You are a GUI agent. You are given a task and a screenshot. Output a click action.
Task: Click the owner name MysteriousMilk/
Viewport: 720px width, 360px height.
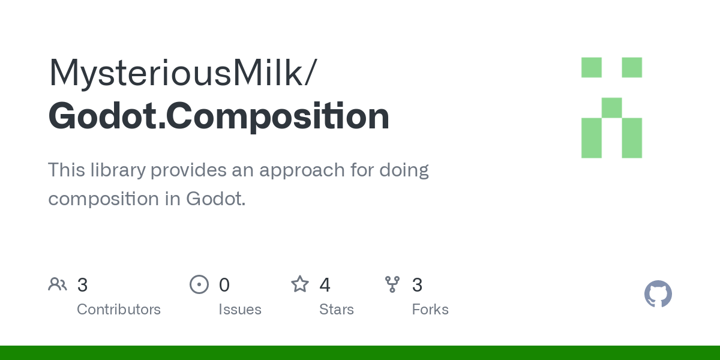click(183, 73)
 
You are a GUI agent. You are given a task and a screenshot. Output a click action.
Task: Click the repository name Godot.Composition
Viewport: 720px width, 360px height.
click(219, 116)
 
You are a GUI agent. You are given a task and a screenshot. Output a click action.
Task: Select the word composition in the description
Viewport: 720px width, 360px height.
click(103, 200)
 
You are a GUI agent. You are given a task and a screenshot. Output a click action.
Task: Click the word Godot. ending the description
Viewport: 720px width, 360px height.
click(215, 199)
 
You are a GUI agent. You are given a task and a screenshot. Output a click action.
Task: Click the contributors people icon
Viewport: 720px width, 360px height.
click(58, 284)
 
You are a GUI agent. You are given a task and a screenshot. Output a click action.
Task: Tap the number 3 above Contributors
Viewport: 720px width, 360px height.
click(82, 285)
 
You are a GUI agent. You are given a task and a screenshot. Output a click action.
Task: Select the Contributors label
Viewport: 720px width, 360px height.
click(119, 309)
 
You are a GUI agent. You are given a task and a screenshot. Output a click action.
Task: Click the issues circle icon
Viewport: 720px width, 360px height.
click(199, 284)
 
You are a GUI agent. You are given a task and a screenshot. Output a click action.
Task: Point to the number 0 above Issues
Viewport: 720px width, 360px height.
click(224, 285)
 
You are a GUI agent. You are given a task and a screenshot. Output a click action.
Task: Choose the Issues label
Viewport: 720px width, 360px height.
click(240, 309)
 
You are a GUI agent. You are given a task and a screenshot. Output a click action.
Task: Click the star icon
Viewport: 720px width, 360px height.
click(300, 284)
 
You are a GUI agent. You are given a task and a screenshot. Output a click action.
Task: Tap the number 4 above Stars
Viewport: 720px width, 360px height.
click(325, 285)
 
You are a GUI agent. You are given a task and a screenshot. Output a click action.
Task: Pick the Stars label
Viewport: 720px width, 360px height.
click(336, 309)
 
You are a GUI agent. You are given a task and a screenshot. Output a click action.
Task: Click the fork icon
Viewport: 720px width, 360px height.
click(392, 284)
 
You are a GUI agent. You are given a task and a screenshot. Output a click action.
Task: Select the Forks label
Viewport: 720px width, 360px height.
click(430, 309)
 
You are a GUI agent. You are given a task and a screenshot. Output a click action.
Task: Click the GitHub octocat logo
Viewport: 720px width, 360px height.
click(658, 294)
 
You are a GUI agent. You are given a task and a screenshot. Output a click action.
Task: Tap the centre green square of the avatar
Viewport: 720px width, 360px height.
click(611, 107)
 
